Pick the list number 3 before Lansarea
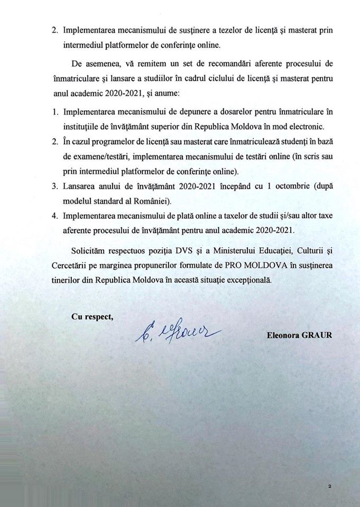[54, 187]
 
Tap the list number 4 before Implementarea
[54, 217]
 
